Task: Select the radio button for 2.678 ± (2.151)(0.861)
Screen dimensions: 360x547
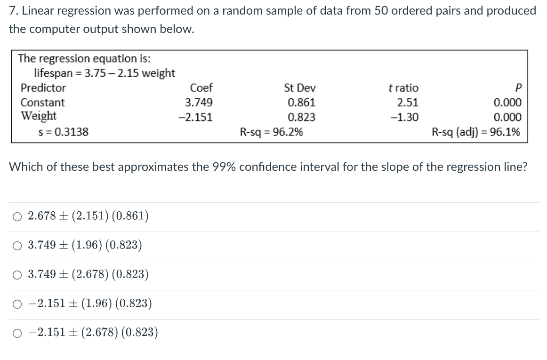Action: pos(16,216)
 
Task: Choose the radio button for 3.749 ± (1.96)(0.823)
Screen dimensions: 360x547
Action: pos(16,246)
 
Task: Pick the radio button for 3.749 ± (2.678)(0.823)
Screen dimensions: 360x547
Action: pos(16,275)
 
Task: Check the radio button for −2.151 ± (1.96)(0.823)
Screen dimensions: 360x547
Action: pos(16,304)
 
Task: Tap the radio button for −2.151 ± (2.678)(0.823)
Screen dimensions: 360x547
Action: pos(16,333)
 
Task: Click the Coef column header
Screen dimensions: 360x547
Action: pos(201,88)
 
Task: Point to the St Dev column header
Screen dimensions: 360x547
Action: pos(300,88)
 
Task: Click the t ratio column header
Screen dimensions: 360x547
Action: pos(403,88)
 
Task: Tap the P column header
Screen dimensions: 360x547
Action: pos(518,88)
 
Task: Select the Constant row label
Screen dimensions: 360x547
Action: pos(43,103)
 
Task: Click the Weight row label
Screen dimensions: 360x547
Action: pos(39,116)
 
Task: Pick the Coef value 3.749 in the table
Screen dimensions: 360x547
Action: pos(198,103)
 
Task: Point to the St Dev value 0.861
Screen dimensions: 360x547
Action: pos(301,103)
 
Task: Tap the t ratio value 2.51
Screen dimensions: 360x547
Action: pos(408,103)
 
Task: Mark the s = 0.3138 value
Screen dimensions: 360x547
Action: pos(63,132)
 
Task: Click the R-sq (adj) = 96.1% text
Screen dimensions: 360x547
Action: pos(476,132)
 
